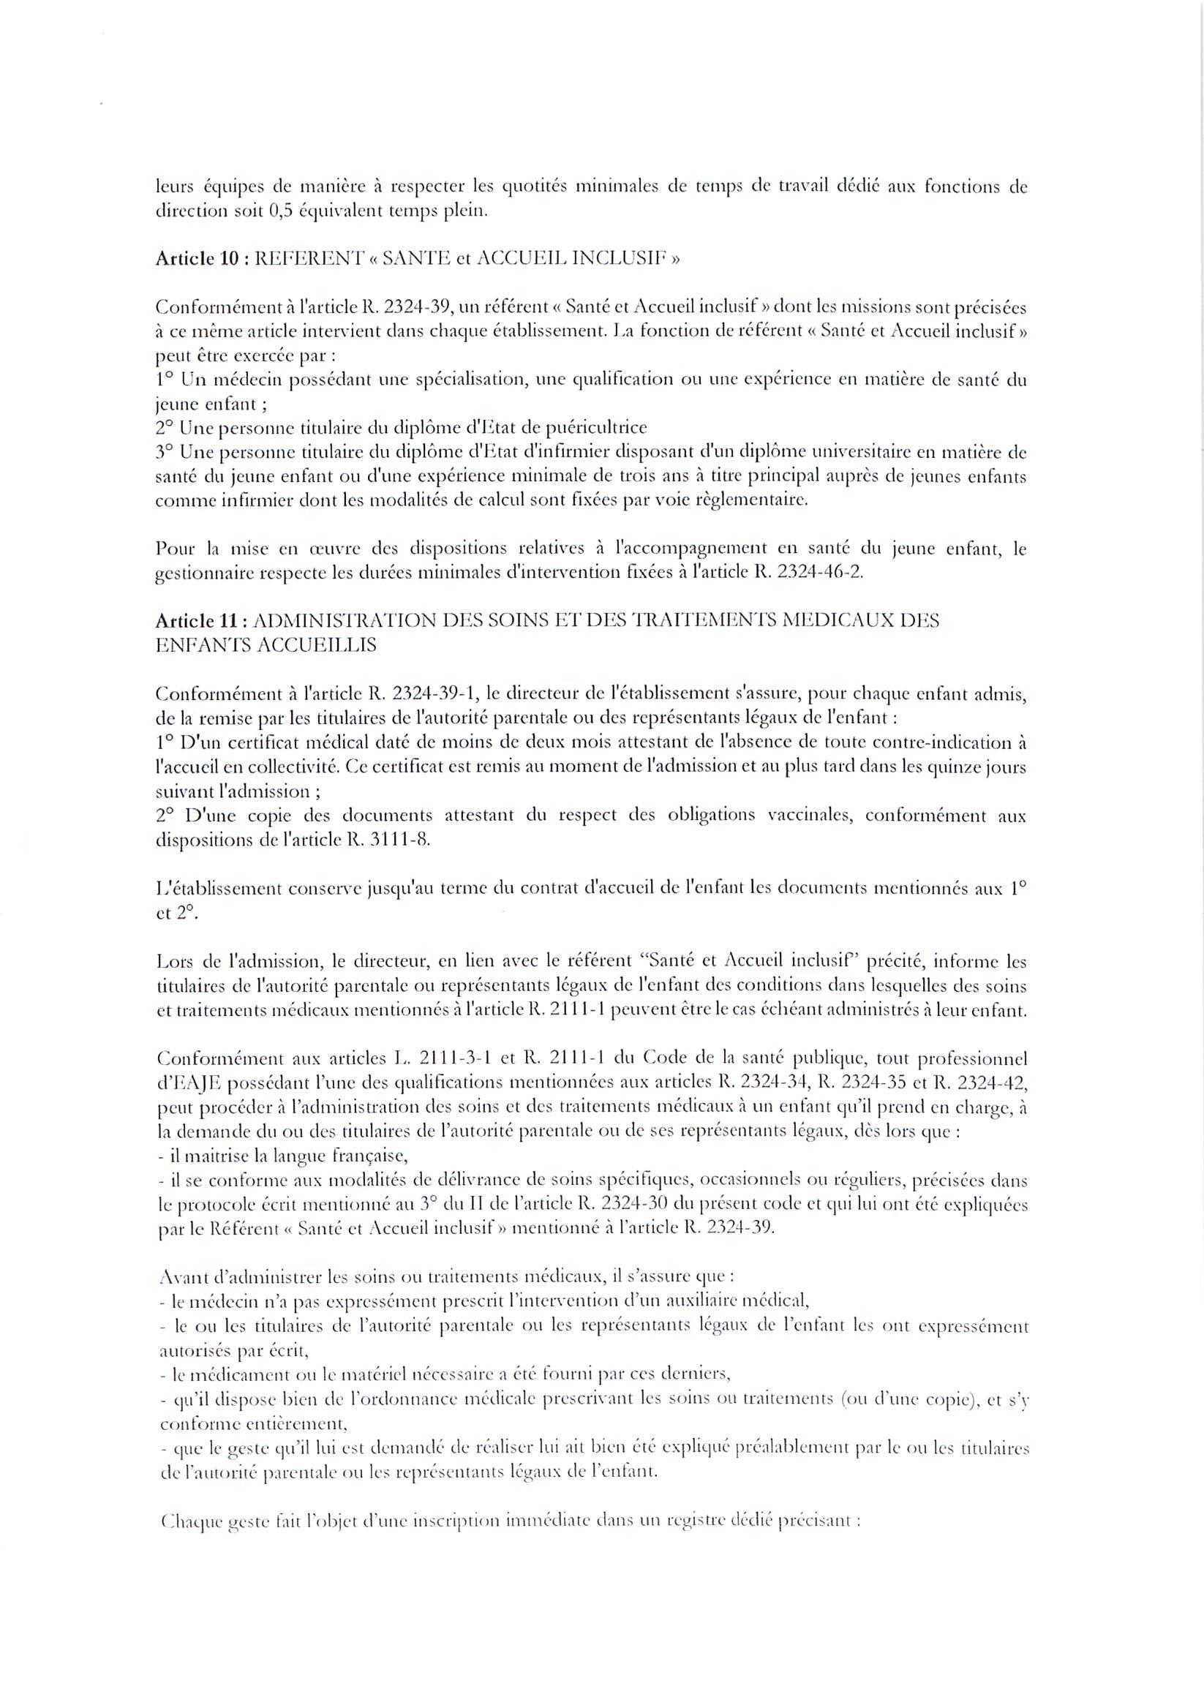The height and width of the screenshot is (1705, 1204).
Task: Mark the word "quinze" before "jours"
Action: [963, 768]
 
